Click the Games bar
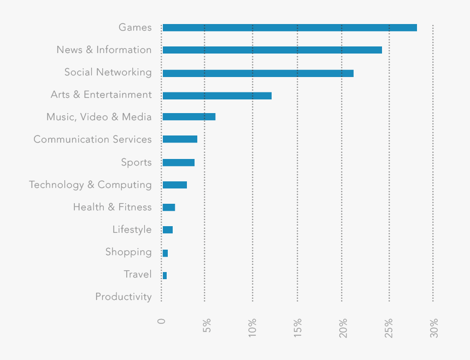[290, 28]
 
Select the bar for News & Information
[272, 50]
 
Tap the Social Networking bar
[258, 73]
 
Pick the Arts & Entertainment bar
[217, 96]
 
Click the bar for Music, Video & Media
[189, 117]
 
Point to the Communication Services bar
[180, 139]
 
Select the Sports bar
[179, 162]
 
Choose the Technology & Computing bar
[175, 185]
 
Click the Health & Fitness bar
[169, 208]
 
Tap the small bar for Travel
[164, 275]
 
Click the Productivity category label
[124, 297]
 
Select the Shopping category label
[128, 252]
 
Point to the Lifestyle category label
[132, 229]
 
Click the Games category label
[135, 27]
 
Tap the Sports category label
[136, 162]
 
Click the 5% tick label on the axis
[207, 327]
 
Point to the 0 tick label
[161, 321]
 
